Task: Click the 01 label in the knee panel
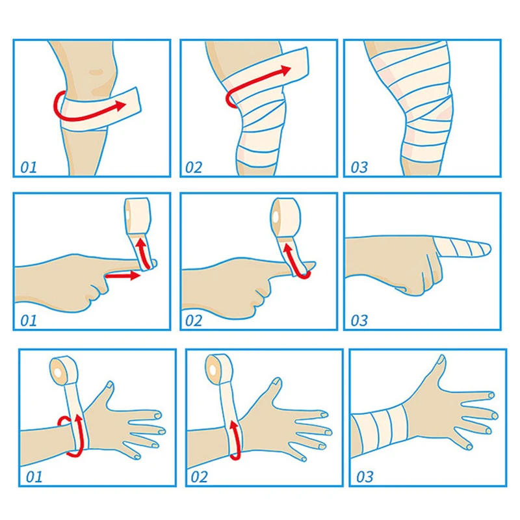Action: coord(29,168)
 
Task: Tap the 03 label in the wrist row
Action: coord(365,477)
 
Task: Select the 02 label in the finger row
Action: coord(194,320)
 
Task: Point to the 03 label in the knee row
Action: coord(359,168)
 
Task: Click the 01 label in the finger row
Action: coord(29,320)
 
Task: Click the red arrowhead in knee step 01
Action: coord(120,105)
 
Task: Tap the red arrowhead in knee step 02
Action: coord(285,70)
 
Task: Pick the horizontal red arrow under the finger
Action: coord(123,275)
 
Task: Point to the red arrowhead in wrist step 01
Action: coord(79,419)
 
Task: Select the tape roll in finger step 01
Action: coord(137,216)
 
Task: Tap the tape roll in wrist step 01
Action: coord(64,370)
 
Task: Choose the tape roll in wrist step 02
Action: coord(220,369)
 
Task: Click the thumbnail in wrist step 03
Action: coord(441,359)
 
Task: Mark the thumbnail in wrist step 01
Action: coord(109,385)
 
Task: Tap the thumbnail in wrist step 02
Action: coord(277,382)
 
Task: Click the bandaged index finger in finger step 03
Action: coord(461,248)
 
